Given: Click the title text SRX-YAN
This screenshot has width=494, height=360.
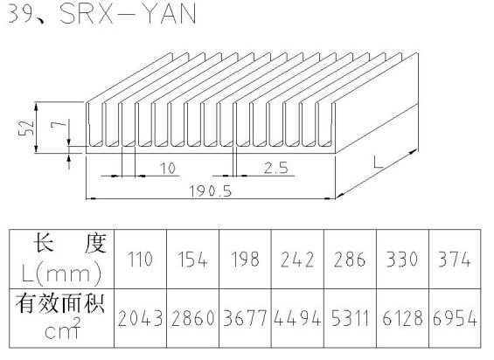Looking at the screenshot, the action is point(128,14).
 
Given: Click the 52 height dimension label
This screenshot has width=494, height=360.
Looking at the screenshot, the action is point(26,128).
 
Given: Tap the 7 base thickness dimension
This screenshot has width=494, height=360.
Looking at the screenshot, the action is point(59,124).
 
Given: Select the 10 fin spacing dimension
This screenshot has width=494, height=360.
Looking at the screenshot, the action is point(168,168).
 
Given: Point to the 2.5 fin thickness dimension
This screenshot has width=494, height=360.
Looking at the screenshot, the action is point(276,168).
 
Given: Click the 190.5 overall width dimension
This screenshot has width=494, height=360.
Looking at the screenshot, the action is point(210,191).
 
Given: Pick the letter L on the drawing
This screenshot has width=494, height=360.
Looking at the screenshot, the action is point(378,163).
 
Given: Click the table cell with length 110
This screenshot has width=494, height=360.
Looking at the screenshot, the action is point(140,260).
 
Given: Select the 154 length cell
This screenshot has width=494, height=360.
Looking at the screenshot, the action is point(192,260).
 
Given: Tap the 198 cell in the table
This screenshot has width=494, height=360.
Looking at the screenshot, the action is point(245,260).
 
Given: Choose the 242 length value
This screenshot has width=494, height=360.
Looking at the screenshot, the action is point(297,260).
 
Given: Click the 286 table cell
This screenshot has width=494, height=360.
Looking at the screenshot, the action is point(350,260).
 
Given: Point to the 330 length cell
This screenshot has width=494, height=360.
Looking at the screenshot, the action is point(402,260).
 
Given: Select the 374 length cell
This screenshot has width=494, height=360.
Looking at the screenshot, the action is point(455,260).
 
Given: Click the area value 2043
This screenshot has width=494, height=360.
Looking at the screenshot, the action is point(140,318).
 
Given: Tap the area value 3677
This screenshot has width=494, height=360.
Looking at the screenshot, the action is point(245,318).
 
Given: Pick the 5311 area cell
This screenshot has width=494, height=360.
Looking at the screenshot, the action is point(350,318).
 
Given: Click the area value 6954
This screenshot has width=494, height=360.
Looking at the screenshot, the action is point(455,318).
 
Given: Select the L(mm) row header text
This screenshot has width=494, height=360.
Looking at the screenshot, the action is point(62,273).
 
